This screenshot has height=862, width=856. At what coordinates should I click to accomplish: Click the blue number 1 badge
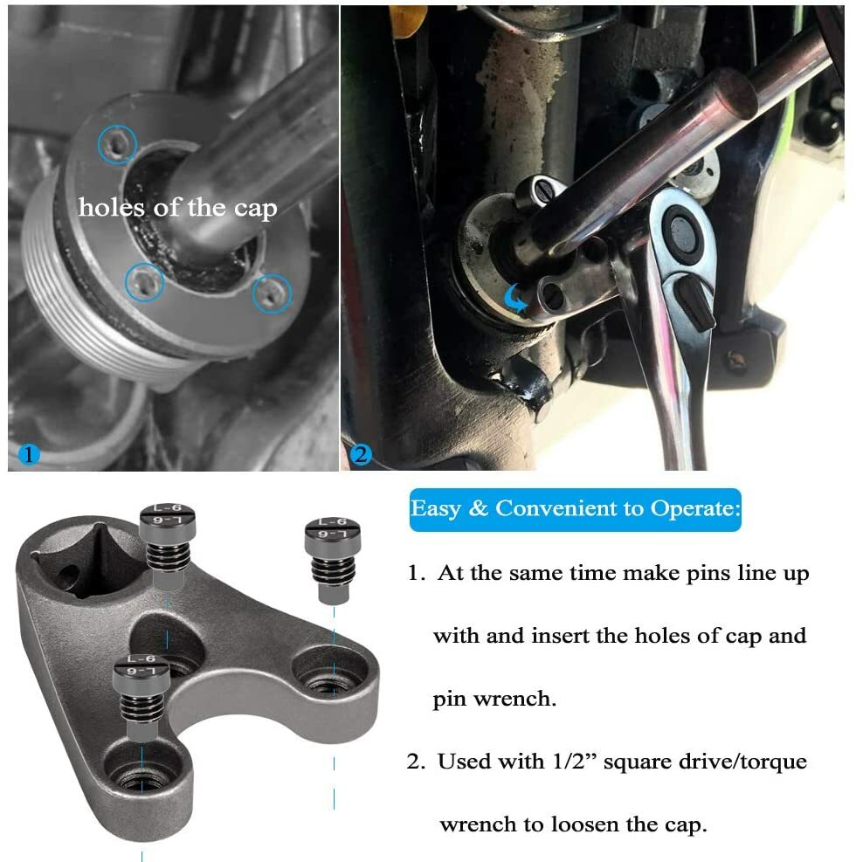coord(29,455)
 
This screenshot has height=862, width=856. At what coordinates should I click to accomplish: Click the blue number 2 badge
coord(361,455)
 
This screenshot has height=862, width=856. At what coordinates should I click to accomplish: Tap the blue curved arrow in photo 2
coord(515,298)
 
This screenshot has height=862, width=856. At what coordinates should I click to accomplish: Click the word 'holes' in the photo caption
coord(111,208)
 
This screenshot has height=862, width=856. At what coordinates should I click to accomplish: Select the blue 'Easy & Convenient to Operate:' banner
coord(575,510)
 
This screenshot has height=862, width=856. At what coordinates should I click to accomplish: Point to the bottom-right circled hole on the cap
coord(273,293)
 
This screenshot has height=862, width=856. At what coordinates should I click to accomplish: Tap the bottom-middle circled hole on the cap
coord(144,283)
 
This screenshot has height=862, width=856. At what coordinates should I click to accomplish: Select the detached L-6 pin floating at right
coord(333,559)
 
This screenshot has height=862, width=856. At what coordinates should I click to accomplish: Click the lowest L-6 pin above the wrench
coord(142,698)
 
